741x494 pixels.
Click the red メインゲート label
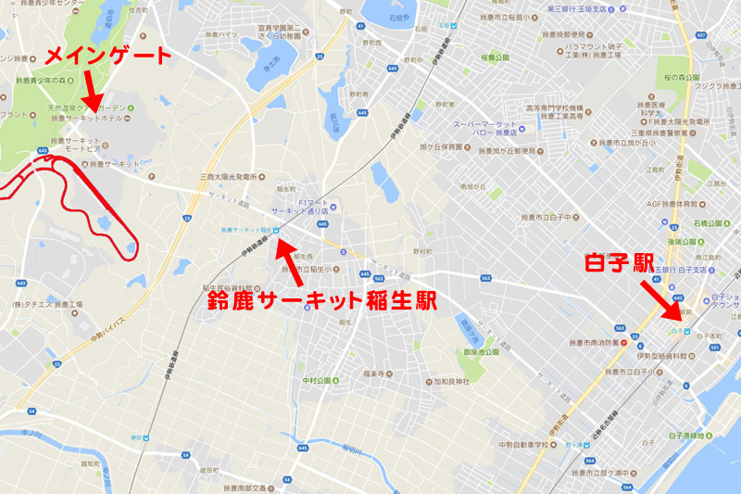point(110,57)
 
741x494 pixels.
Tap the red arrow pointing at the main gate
point(90,92)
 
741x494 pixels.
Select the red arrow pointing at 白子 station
point(664,299)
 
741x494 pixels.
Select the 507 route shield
point(701,34)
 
